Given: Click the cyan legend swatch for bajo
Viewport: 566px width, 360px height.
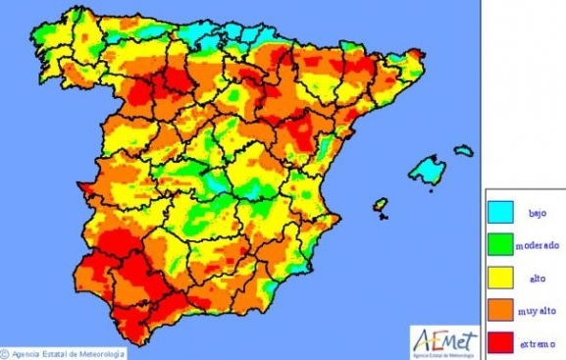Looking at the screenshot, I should coord(503,212).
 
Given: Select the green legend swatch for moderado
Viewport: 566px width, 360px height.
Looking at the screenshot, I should coord(503,244).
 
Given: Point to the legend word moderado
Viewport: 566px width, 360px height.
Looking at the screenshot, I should coord(539,245).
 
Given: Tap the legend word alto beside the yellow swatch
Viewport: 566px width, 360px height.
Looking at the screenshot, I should coord(537,278).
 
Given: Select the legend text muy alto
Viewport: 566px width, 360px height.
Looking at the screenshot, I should coord(539,310).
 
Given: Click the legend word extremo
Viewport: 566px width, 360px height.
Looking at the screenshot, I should coord(539,342).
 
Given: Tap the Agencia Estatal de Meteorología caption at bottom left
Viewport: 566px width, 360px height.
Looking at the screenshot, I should coord(65,353).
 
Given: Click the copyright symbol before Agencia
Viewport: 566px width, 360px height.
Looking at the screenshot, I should coord(5,353).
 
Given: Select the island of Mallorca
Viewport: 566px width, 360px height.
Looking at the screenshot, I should coord(427,169).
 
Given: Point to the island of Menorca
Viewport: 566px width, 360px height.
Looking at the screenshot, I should coord(463,151).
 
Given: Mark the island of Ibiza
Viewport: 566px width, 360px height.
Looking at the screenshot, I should coord(380,206).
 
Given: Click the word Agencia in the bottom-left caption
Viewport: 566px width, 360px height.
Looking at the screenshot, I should coord(25,353).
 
